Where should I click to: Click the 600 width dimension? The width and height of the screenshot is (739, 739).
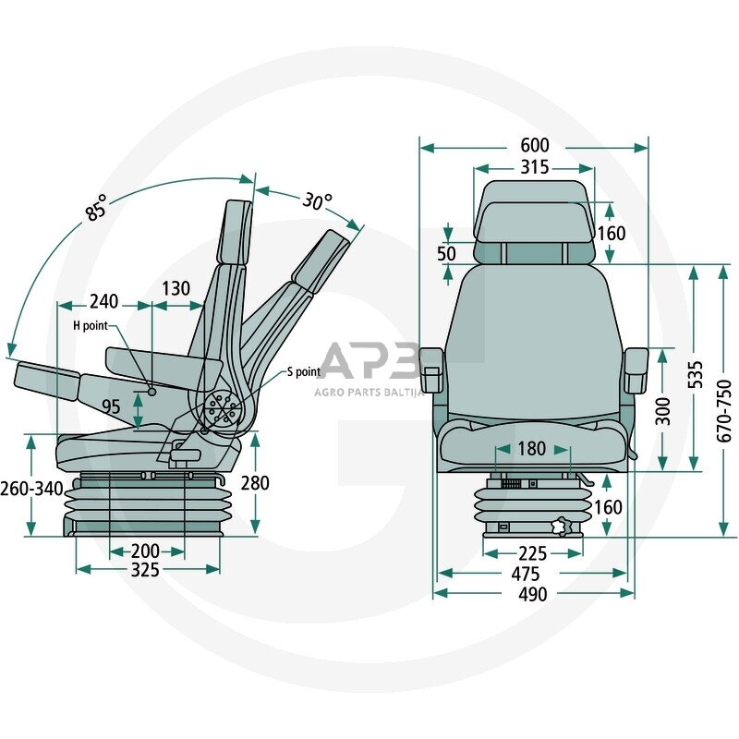pyautogui.click(x=535, y=145)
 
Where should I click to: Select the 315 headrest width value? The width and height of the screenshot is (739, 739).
pyautogui.click(x=535, y=167)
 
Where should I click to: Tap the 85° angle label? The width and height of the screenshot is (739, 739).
pyautogui.click(x=97, y=208)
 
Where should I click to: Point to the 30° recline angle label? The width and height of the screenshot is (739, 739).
pyautogui.click(x=317, y=201)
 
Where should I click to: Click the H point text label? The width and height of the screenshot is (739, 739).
pyautogui.click(x=91, y=326)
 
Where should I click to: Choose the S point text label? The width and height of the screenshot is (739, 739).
pyautogui.click(x=304, y=372)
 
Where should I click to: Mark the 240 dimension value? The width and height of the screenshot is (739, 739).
pyautogui.click(x=104, y=302)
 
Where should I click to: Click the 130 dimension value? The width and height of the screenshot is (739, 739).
pyautogui.click(x=176, y=288)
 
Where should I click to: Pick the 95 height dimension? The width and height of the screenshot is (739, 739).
pyautogui.click(x=111, y=406)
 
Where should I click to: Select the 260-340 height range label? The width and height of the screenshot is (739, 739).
pyautogui.click(x=31, y=489)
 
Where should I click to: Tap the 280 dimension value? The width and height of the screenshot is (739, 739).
pyautogui.click(x=255, y=483)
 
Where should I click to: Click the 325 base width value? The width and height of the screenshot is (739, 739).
pyautogui.click(x=145, y=570)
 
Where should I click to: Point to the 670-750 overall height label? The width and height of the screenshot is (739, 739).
pyautogui.click(x=724, y=411)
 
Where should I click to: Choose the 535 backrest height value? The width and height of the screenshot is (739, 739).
pyautogui.click(x=696, y=375)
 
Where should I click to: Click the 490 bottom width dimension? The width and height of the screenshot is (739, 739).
pyautogui.click(x=533, y=594)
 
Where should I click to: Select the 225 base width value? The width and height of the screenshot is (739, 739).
pyautogui.click(x=533, y=553)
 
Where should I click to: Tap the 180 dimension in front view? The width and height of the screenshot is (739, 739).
pyautogui.click(x=532, y=449)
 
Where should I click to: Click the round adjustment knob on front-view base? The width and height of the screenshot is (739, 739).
pyautogui.click(x=561, y=527)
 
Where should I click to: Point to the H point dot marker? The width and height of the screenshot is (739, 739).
pyautogui.click(x=152, y=392)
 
